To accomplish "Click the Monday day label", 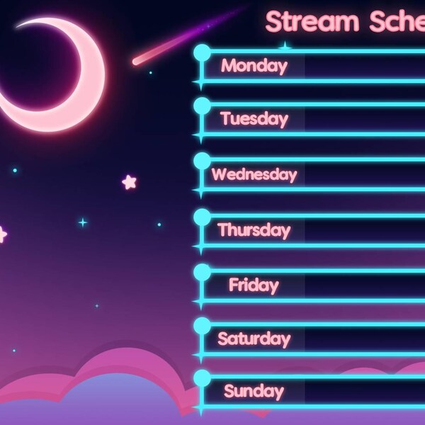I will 254,66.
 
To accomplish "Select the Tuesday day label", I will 254,118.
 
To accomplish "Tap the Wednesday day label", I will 254,174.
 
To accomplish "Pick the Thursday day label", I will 254,229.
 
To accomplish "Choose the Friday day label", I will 254,285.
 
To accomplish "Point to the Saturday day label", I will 254,339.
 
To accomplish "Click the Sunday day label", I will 254,391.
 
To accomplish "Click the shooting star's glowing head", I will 137,62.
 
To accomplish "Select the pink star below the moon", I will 129,182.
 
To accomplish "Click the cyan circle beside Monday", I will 202,52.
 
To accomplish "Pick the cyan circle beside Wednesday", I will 202,161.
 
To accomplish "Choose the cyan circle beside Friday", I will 202,271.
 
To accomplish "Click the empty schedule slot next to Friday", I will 365,285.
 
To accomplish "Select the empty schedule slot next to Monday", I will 365,66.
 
